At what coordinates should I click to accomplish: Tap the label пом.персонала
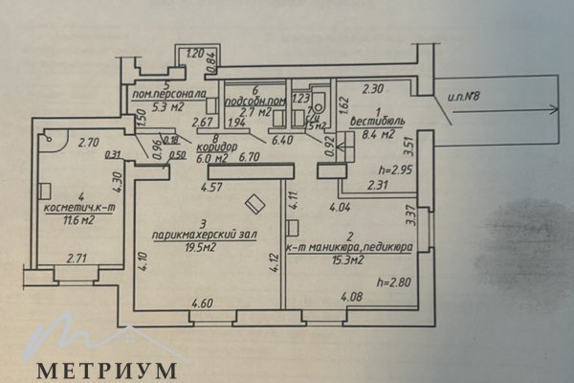click(x=170, y=94)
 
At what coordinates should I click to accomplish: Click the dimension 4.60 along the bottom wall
click(x=203, y=304)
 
